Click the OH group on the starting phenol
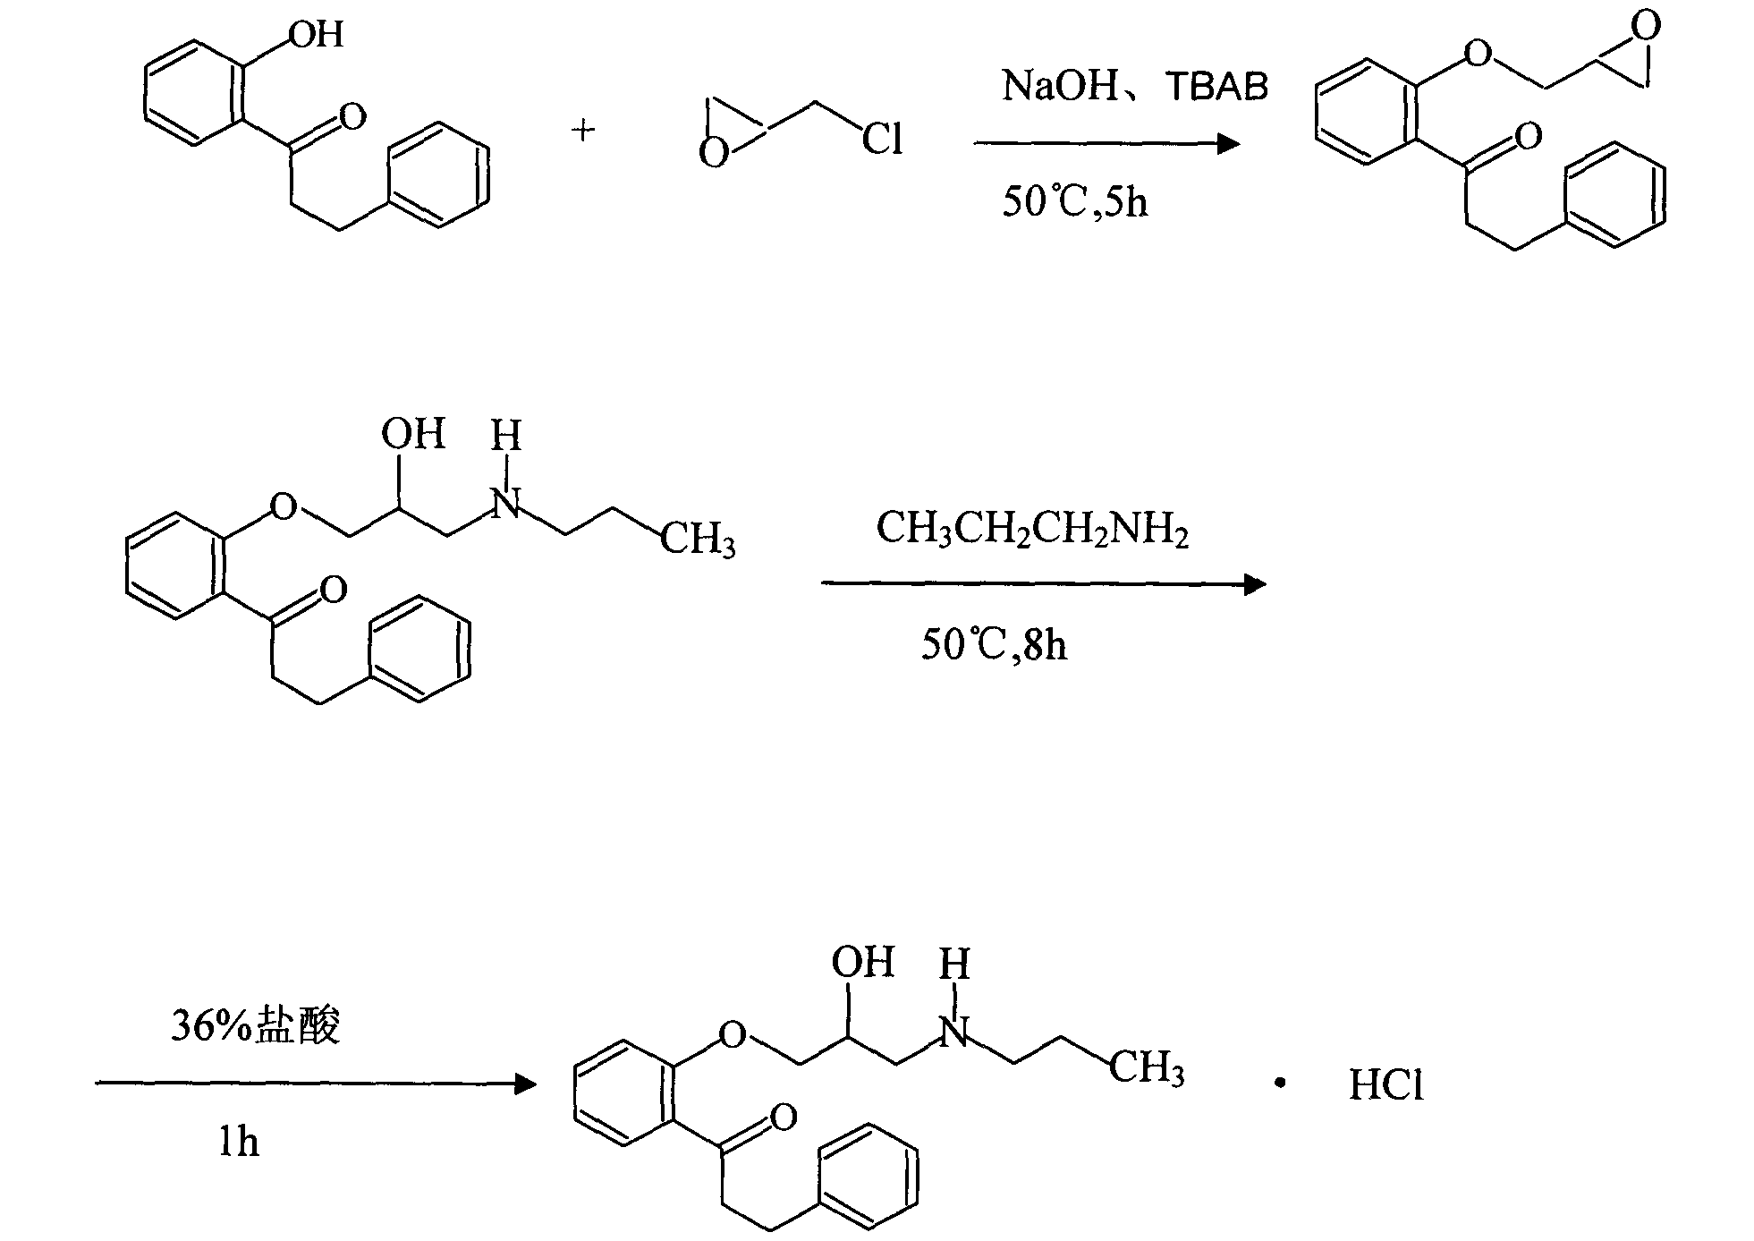pyautogui.click(x=316, y=34)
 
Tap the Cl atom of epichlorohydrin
pyautogui.click(x=881, y=140)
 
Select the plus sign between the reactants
pyautogui.click(x=583, y=132)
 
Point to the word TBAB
pyautogui.click(x=1217, y=87)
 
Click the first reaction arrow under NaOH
pyautogui.click(x=1106, y=144)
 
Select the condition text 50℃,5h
pyautogui.click(x=1074, y=202)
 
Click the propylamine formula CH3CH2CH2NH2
pyautogui.click(x=1032, y=528)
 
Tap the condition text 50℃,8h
pyautogui.click(x=994, y=644)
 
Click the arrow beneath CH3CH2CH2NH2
pyautogui.click(x=1043, y=585)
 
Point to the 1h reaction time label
pyautogui.click(x=239, y=1143)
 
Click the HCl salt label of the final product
pyautogui.click(x=1385, y=1085)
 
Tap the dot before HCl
pyautogui.click(x=1280, y=1084)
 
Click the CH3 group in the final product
pyautogui.click(x=1147, y=1068)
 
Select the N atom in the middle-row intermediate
pyautogui.click(x=506, y=506)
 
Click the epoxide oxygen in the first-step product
pyautogui.click(x=1644, y=25)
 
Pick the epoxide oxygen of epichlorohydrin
pyautogui.click(x=713, y=154)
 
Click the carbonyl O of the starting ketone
pyautogui.click(x=352, y=116)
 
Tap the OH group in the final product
pyautogui.click(x=862, y=962)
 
